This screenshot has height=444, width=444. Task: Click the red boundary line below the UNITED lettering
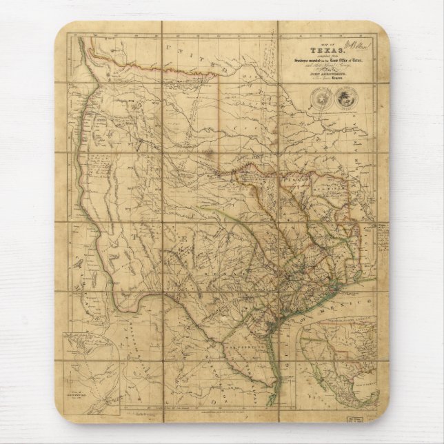(172, 67)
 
